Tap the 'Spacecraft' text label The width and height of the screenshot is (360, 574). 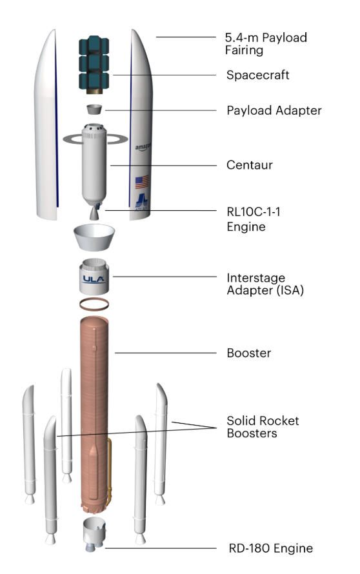point(257,75)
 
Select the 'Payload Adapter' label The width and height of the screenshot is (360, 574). point(274,110)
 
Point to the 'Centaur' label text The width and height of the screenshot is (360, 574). point(249,165)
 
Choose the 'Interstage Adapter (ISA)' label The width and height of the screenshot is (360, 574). point(265,284)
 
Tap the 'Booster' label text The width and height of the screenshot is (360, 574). point(248,353)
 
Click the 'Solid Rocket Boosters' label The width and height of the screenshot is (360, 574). point(263,427)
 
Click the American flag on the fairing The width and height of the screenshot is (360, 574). point(141,182)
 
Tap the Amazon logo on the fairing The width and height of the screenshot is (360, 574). point(142,148)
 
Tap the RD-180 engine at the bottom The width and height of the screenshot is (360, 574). point(94,535)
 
